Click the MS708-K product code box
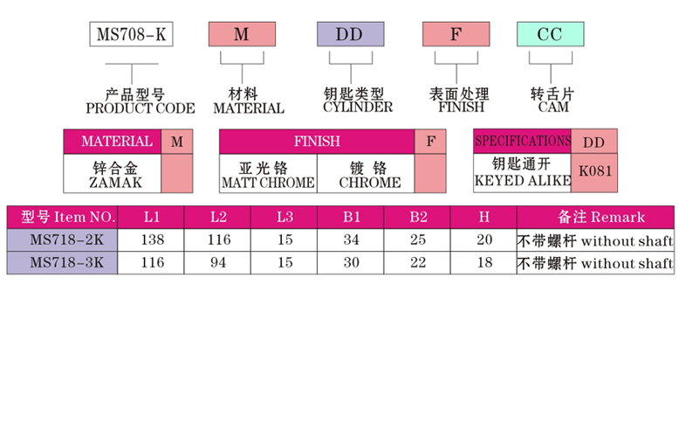click(133, 35)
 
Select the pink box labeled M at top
click(242, 35)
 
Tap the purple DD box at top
click(349, 35)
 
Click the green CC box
click(550, 35)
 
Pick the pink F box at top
click(455, 35)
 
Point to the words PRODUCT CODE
click(141, 108)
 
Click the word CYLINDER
click(358, 108)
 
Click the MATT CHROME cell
click(267, 174)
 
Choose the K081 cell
click(594, 171)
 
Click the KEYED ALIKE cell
click(522, 172)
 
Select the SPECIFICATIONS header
click(522, 141)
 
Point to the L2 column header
click(218, 217)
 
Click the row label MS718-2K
click(62, 239)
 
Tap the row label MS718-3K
click(62, 262)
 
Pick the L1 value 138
click(152, 239)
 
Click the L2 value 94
click(218, 262)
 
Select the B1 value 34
click(351, 239)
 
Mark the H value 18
click(484, 262)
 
